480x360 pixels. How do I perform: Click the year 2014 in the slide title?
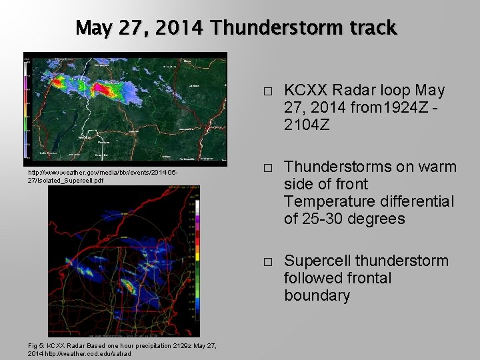(182, 28)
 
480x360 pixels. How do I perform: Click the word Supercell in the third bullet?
(316, 261)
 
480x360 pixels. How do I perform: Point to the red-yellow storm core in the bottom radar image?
(132, 288)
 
